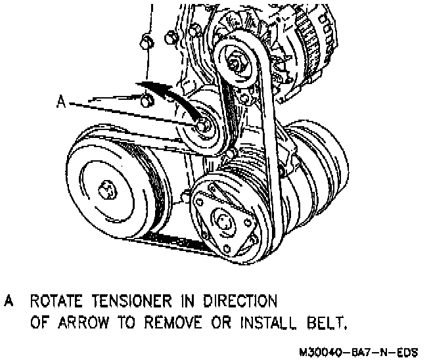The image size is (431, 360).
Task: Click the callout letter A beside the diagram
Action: pos(60,102)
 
